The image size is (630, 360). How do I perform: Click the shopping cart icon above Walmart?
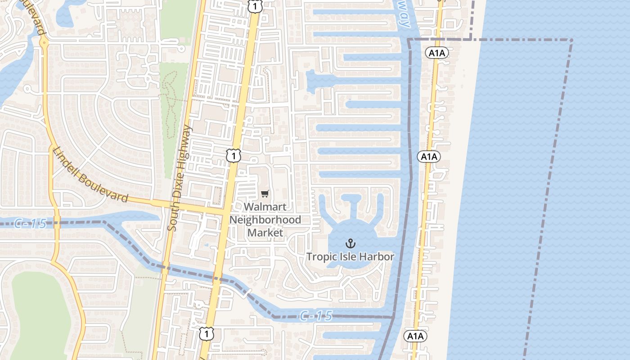265,194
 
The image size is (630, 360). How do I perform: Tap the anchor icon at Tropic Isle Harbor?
350,244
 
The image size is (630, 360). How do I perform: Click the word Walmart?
265,207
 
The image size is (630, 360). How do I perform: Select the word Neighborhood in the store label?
265,220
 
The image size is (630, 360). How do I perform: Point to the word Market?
265,233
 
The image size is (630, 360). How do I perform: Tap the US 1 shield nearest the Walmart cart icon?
234,156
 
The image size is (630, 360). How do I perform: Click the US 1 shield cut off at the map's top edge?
255,5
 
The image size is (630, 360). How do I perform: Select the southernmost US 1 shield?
206,334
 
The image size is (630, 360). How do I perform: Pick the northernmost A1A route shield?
436,53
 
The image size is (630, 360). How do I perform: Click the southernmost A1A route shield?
415,336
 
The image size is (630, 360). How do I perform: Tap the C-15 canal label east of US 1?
316,316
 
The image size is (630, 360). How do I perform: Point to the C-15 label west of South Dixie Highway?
30,223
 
